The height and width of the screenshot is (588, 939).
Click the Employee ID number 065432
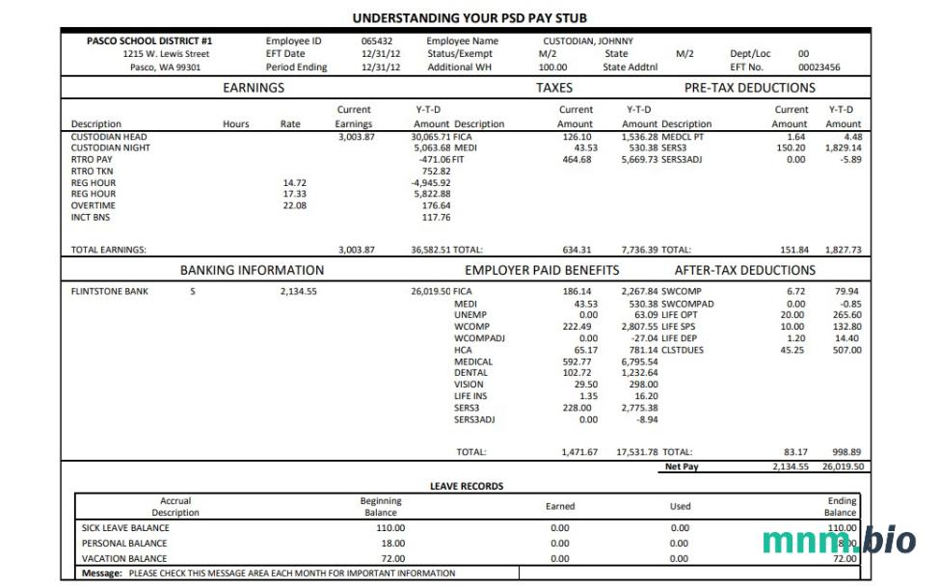[x=377, y=41]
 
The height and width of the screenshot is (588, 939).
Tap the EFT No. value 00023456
[x=818, y=67]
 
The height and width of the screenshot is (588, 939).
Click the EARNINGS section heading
[x=254, y=88]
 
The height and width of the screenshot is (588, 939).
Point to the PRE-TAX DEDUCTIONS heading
[x=749, y=88]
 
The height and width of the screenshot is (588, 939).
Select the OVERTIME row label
[x=94, y=205]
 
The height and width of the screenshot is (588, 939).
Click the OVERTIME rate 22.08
[x=294, y=205]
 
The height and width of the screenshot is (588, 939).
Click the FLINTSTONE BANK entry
[x=110, y=291]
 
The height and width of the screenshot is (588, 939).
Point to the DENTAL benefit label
[x=472, y=373]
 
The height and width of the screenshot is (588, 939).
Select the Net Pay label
[x=682, y=467]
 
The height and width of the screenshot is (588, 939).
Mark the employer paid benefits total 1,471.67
[x=579, y=451]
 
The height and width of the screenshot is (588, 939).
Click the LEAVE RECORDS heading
[x=467, y=486]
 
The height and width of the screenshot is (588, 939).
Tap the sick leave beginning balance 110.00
[x=390, y=528]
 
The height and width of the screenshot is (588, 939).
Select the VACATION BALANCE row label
[x=124, y=558]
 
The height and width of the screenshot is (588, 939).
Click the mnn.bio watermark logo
[x=839, y=542]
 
